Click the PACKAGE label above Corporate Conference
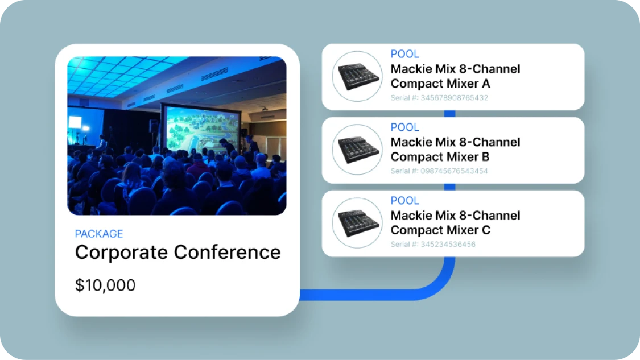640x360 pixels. [x=99, y=234]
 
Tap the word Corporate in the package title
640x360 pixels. [x=122, y=253]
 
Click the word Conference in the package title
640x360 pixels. [x=228, y=253]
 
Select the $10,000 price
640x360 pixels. [x=105, y=285]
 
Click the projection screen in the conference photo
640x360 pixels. [x=201, y=129]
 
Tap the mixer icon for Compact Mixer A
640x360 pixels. [x=357, y=76]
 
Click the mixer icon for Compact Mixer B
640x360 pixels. [x=357, y=150]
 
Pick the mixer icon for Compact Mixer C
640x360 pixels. [x=357, y=223]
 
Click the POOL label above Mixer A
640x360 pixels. [x=405, y=54]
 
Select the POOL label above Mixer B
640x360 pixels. [x=405, y=127]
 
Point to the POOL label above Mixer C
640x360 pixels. [x=405, y=200]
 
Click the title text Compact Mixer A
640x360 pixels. [x=440, y=84]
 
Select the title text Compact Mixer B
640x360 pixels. [x=440, y=157]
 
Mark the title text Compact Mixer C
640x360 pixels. [x=440, y=230]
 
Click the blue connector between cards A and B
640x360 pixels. [x=449, y=114]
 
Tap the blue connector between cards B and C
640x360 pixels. [x=449, y=187]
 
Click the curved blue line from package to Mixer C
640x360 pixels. [x=433, y=287]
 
